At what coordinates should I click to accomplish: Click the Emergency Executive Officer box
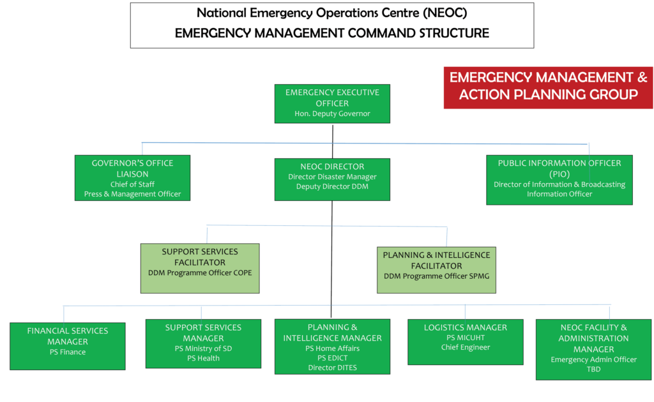[332, 104]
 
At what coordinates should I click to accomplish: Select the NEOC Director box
[332, 179]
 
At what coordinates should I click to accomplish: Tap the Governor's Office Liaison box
[132, 178]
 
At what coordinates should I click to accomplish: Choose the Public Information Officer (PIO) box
[559, 180]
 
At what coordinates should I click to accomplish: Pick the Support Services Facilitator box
[200, 268]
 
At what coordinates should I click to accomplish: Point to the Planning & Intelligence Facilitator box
[436, 270]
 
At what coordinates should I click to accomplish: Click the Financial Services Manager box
[68, 346]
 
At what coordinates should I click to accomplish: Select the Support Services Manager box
[203, 344]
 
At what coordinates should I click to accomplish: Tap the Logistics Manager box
[466, 342]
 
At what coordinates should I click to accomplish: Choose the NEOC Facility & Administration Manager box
[593, 350]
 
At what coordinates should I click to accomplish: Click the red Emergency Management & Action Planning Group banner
[548, 87]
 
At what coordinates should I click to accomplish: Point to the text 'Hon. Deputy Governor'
[332, 114]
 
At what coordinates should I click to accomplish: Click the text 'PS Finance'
[68, 352]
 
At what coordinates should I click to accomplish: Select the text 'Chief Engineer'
[466, 347]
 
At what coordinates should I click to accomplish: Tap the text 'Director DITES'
[332, 368]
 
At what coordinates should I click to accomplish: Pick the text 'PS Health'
[203, 358]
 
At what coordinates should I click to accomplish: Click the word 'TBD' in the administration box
[593, 369]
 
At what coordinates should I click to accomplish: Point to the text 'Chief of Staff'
[132, 184]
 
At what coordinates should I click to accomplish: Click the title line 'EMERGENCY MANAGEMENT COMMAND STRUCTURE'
[332, 33]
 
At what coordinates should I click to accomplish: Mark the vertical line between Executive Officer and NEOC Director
[332, 142]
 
